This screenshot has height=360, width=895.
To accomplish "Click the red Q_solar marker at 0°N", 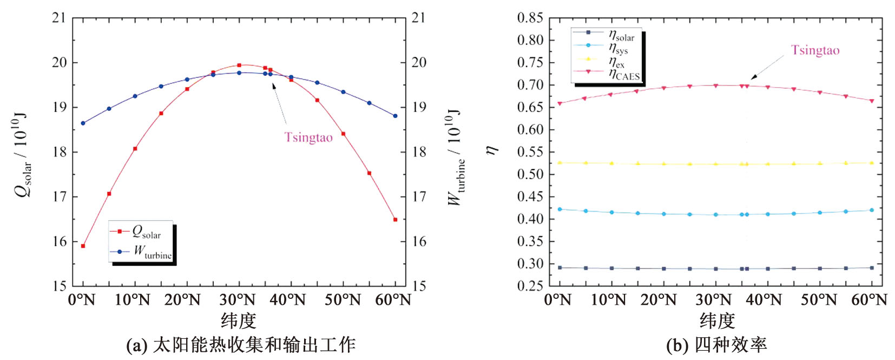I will click(83, 246).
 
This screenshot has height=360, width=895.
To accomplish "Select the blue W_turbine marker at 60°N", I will click(395, 116).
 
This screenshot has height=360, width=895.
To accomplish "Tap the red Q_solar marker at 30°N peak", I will click(239, 65).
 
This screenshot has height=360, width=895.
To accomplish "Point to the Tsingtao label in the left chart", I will click(308, 138).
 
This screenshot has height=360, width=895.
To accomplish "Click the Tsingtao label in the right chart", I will click(815, 50).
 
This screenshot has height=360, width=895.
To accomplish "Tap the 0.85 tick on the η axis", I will click(530, 18).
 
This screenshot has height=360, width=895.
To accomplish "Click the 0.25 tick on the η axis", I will click(530, 286).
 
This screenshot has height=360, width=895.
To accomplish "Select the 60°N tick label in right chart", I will click(869, 299).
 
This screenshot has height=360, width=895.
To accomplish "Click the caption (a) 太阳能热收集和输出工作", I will click(241, 345).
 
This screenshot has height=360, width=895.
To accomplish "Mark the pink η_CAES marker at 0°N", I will click(560, 103).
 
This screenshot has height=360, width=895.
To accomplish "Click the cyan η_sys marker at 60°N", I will click(872, 210).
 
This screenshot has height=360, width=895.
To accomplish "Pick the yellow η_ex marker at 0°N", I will click(560, 162).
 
